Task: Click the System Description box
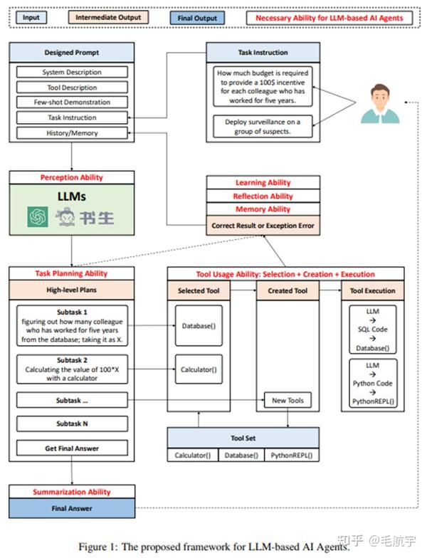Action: [71, 72]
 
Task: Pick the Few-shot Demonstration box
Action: [71, 102]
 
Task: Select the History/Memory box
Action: [71, 133]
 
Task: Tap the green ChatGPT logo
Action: [38, 216]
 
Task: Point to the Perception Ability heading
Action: [71, 177]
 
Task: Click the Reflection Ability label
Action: [263, 196]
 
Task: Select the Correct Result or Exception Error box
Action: [263, 226]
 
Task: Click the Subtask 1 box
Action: [71, 325]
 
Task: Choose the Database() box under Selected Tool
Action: [199, 326]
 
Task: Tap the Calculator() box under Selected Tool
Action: [199, 369]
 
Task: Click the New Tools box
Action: [288, 400]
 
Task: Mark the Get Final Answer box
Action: [71, 448]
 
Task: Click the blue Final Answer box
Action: [71, 508]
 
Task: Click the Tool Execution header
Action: [373, 290]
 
